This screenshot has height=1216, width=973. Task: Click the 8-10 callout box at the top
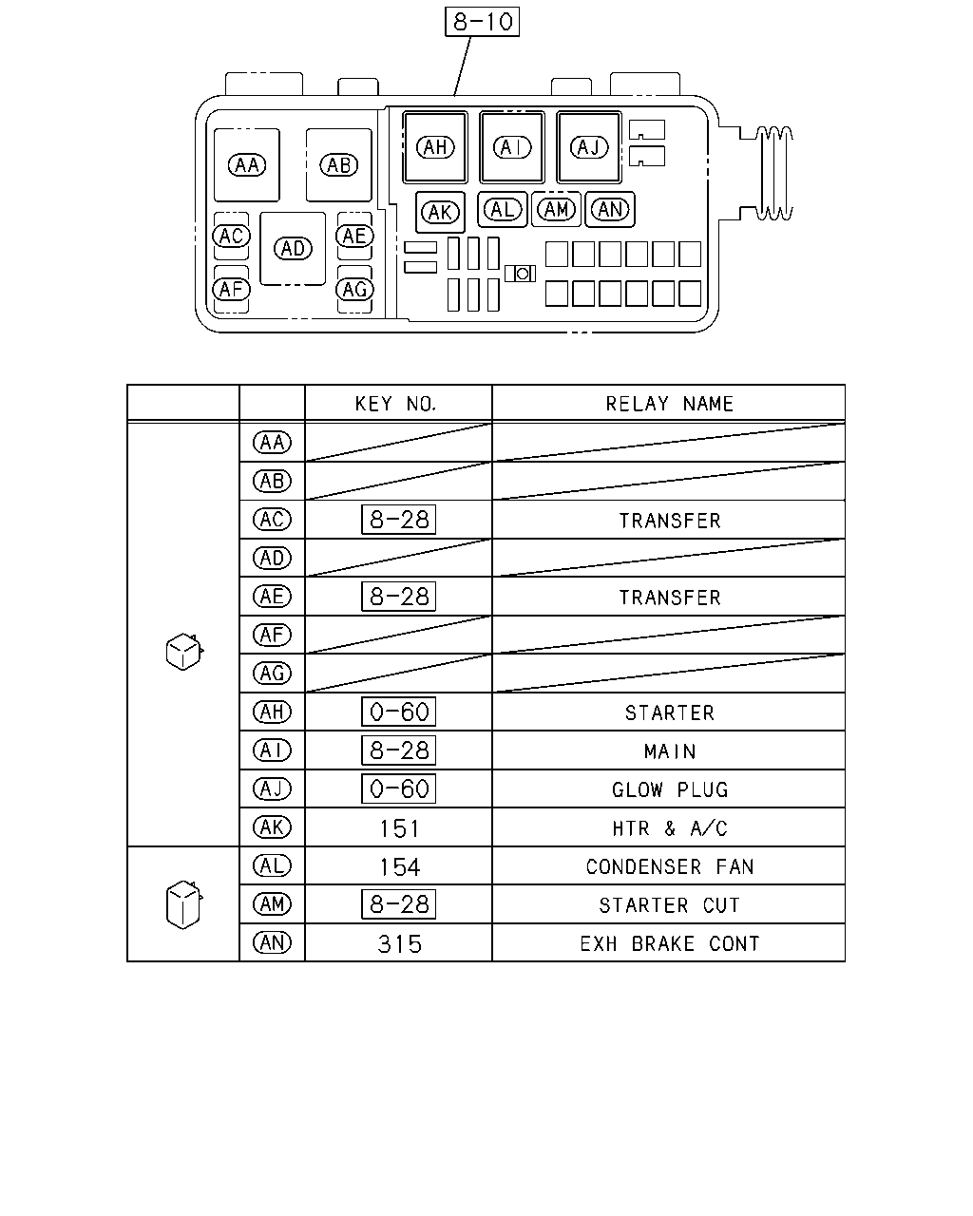point(482,22)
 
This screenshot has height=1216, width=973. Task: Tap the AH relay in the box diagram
point(435,147)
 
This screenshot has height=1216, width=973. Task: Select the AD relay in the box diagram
point(293,249)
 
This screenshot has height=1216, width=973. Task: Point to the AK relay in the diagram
point(440,213)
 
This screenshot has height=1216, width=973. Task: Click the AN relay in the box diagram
point(610,210)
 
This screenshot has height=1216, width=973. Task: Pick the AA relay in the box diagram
point(246,165)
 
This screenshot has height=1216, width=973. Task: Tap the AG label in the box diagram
point(354,290)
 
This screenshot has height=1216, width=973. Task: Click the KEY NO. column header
point(395,404)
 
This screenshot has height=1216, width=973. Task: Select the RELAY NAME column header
point(669,404)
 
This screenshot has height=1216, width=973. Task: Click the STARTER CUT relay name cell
point(669,905)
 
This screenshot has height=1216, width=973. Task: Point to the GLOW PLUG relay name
point(670,789)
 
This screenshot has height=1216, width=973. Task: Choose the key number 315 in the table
point(400,944)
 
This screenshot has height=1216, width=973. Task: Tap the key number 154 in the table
point(400,866)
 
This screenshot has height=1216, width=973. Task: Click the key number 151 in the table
point(400,829)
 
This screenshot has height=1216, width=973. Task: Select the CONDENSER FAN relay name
point(669,866)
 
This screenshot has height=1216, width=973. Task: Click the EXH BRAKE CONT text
point(669,943)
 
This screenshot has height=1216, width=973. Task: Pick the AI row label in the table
point(272,750)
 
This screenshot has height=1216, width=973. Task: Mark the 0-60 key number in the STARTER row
point(398,712)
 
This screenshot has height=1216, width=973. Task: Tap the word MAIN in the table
point(669,751)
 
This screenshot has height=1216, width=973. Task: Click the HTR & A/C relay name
point(669,828)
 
